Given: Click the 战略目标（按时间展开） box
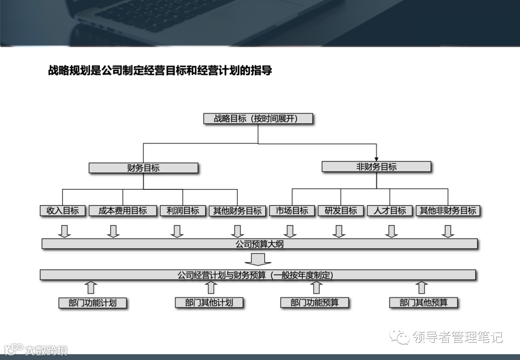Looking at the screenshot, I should [x=258, y=119].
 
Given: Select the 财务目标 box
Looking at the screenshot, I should [x=143, y=168].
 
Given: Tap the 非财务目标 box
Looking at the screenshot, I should [x=377, y=167].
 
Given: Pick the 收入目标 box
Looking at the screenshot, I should [x=63, y=211].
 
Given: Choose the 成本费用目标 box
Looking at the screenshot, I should [x=123, y=211].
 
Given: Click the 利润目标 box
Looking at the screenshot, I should [x=183, y=211].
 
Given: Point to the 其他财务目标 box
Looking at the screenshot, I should [x=237, y=211].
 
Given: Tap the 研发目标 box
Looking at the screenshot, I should [x=341, y=211].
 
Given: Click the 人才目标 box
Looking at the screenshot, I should [x=390, y=211].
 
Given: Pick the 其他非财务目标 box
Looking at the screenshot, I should [x=448, y=211].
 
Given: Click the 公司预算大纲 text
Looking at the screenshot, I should [x=260, y=244].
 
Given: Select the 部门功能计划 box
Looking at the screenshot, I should [x=92, y=303].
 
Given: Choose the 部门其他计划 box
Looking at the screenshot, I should [x=209, y=303].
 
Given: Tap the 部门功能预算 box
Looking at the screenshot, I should [x=314, y=303].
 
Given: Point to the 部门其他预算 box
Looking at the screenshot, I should [x=423, y=303].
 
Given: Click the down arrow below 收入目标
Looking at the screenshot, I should [x=64, y=231].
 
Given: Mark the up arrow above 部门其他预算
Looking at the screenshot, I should [x=422, y=288].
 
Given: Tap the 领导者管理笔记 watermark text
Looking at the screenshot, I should [x=457, y=337].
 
